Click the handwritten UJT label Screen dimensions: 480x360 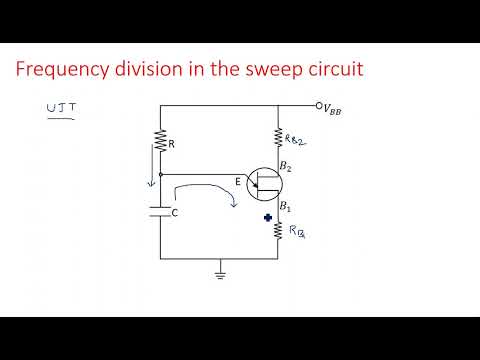(x=62, y=108)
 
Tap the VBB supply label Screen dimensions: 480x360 (x=332, y=107)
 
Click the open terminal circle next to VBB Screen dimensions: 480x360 (x=317, y=106)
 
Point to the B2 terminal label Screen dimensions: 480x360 (x=287, y=165)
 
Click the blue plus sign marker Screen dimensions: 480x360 (x=268, y=217)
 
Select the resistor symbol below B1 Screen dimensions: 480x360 (x=279, y=231)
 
